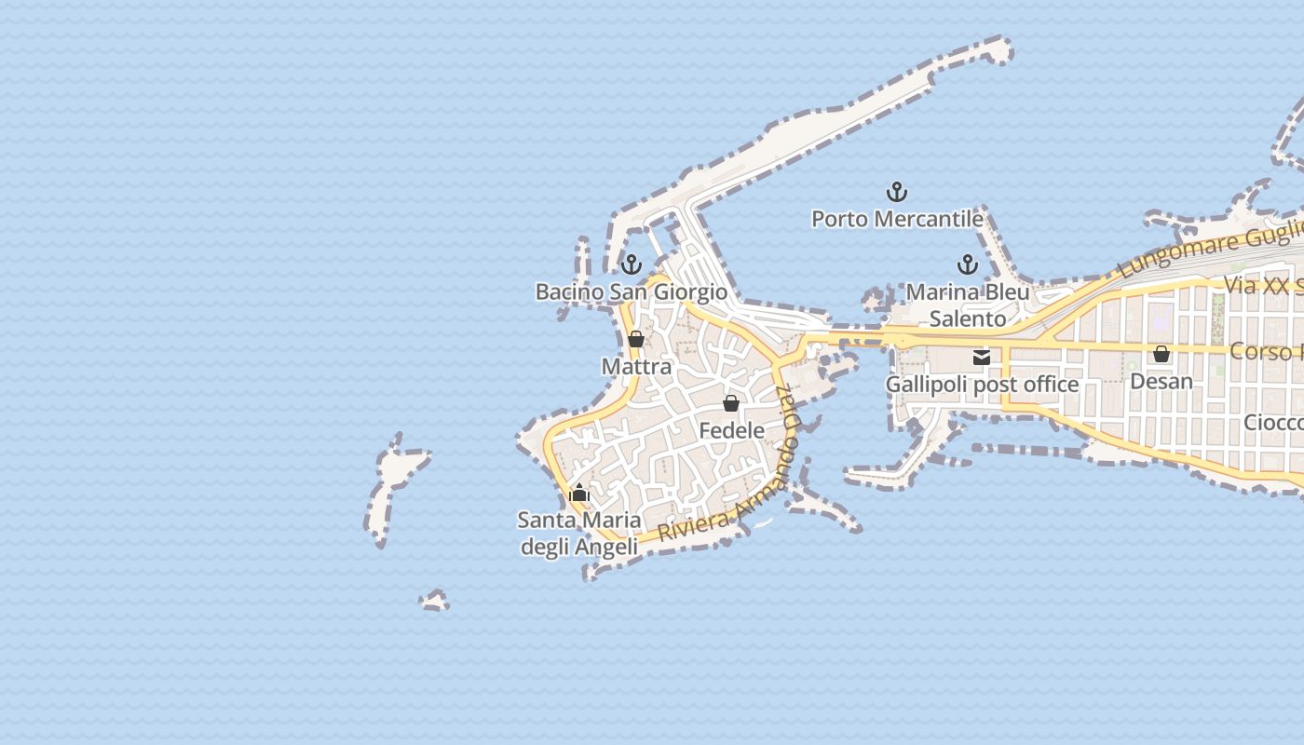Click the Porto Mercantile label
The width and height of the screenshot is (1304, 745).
[x=897, y=219]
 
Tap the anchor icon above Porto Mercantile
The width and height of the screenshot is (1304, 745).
[x=896, y=192]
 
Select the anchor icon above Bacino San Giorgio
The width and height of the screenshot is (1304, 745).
[x=632, y=264]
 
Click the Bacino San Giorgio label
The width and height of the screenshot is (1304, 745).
[x=631, y=291]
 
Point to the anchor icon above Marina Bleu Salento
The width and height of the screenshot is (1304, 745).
[x=968, y=264]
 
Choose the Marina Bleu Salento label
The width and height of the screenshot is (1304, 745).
[x=968, y=305]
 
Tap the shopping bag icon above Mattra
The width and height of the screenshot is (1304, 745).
[x=636, y=339]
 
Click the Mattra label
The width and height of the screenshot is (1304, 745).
[x=636, y=366]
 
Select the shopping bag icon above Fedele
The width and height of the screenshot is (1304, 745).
[x=731, y=403]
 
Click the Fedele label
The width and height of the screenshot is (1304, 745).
[x=731, y=430]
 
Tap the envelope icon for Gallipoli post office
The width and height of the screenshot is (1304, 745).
[x=981, y=357]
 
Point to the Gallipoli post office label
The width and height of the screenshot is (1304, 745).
[x=981, y=384]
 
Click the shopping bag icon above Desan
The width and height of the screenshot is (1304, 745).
[x=1161, y=354]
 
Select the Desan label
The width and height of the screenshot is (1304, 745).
[x=1161, y=381]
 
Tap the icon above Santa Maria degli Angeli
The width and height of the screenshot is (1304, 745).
[x=579, y=493]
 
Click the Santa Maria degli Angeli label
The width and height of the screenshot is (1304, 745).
[x=578, y=533]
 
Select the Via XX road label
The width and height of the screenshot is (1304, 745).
[x=1262, y=285]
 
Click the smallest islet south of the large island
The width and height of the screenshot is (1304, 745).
[x=434, y=601]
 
